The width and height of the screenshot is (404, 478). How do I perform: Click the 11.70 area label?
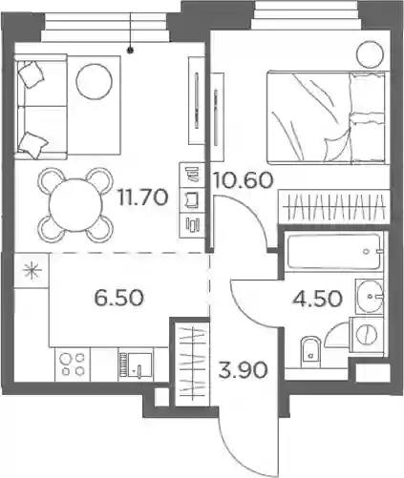(142, 197)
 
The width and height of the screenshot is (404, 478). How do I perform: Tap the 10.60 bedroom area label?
(244, 179)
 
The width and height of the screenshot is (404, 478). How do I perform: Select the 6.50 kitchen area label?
(119, 298)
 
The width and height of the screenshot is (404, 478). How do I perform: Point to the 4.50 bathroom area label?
(317, 299)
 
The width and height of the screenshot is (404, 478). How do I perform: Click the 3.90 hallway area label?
(243, 370)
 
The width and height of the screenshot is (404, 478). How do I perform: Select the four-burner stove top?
(73, 364)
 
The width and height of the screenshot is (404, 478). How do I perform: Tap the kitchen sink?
(135, 364)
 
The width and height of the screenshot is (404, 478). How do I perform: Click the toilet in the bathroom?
(309, 351)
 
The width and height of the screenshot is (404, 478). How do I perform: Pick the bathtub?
(334, 252)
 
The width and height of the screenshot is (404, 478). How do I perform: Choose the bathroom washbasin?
(370, 296)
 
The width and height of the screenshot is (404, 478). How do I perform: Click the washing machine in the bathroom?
(366, 334)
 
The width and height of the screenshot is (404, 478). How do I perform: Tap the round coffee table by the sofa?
(94, 81)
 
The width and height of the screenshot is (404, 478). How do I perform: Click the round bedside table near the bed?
(370, 54)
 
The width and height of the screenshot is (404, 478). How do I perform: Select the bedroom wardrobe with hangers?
(334, 207)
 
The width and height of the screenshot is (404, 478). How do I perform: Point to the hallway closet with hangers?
(192, 364)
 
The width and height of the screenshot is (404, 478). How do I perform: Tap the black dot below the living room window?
(130, 50)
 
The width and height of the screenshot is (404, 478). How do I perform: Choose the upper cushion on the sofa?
(31, 74)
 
